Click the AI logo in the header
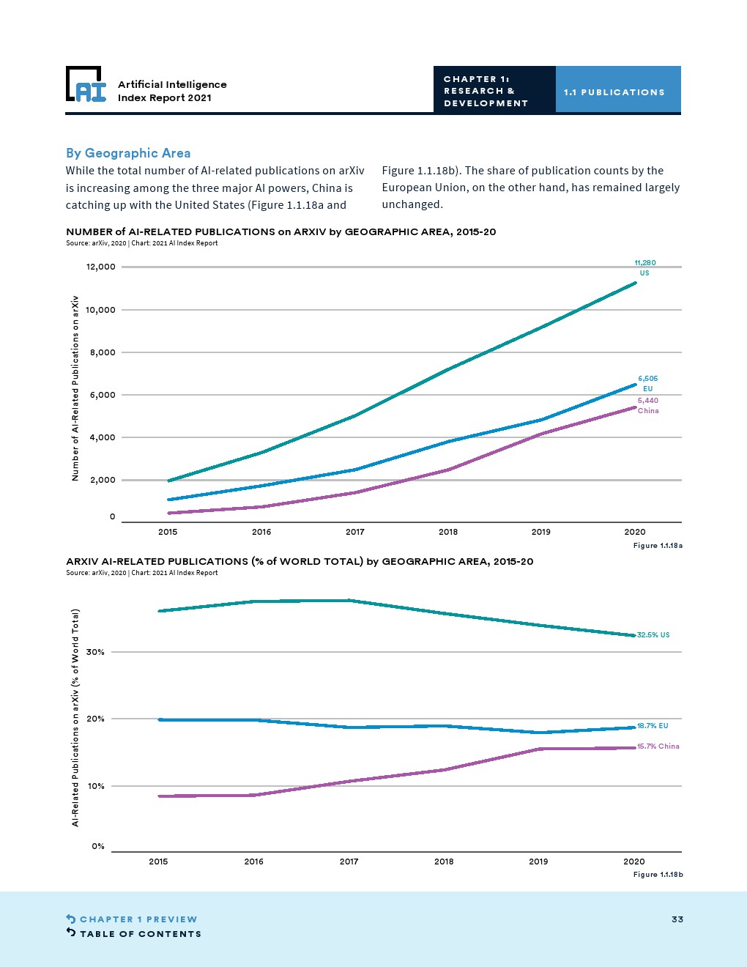tap(86, 84)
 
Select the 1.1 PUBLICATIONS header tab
tap(614, 92)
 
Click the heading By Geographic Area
tap(128, 153)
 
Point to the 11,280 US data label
tap(645, 267)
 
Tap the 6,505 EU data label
tap(647, 383)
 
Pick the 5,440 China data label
tap(648, 405)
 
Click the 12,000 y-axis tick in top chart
tap(101, 267)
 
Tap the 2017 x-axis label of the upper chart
tap(354, 532)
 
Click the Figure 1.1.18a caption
tap(658, 546)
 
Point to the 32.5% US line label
tap(653, 635)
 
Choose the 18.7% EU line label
tap(653, 726)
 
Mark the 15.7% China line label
tap(658, 746)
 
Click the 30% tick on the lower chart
tap(95, 652)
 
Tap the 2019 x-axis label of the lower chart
tap(538, 862)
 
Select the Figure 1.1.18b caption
tap(658, 875)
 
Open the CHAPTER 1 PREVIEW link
tap(138, 919)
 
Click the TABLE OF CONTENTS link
tap(140, 934)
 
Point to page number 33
tap(677, 919)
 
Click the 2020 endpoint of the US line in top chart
tap(635, 283)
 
